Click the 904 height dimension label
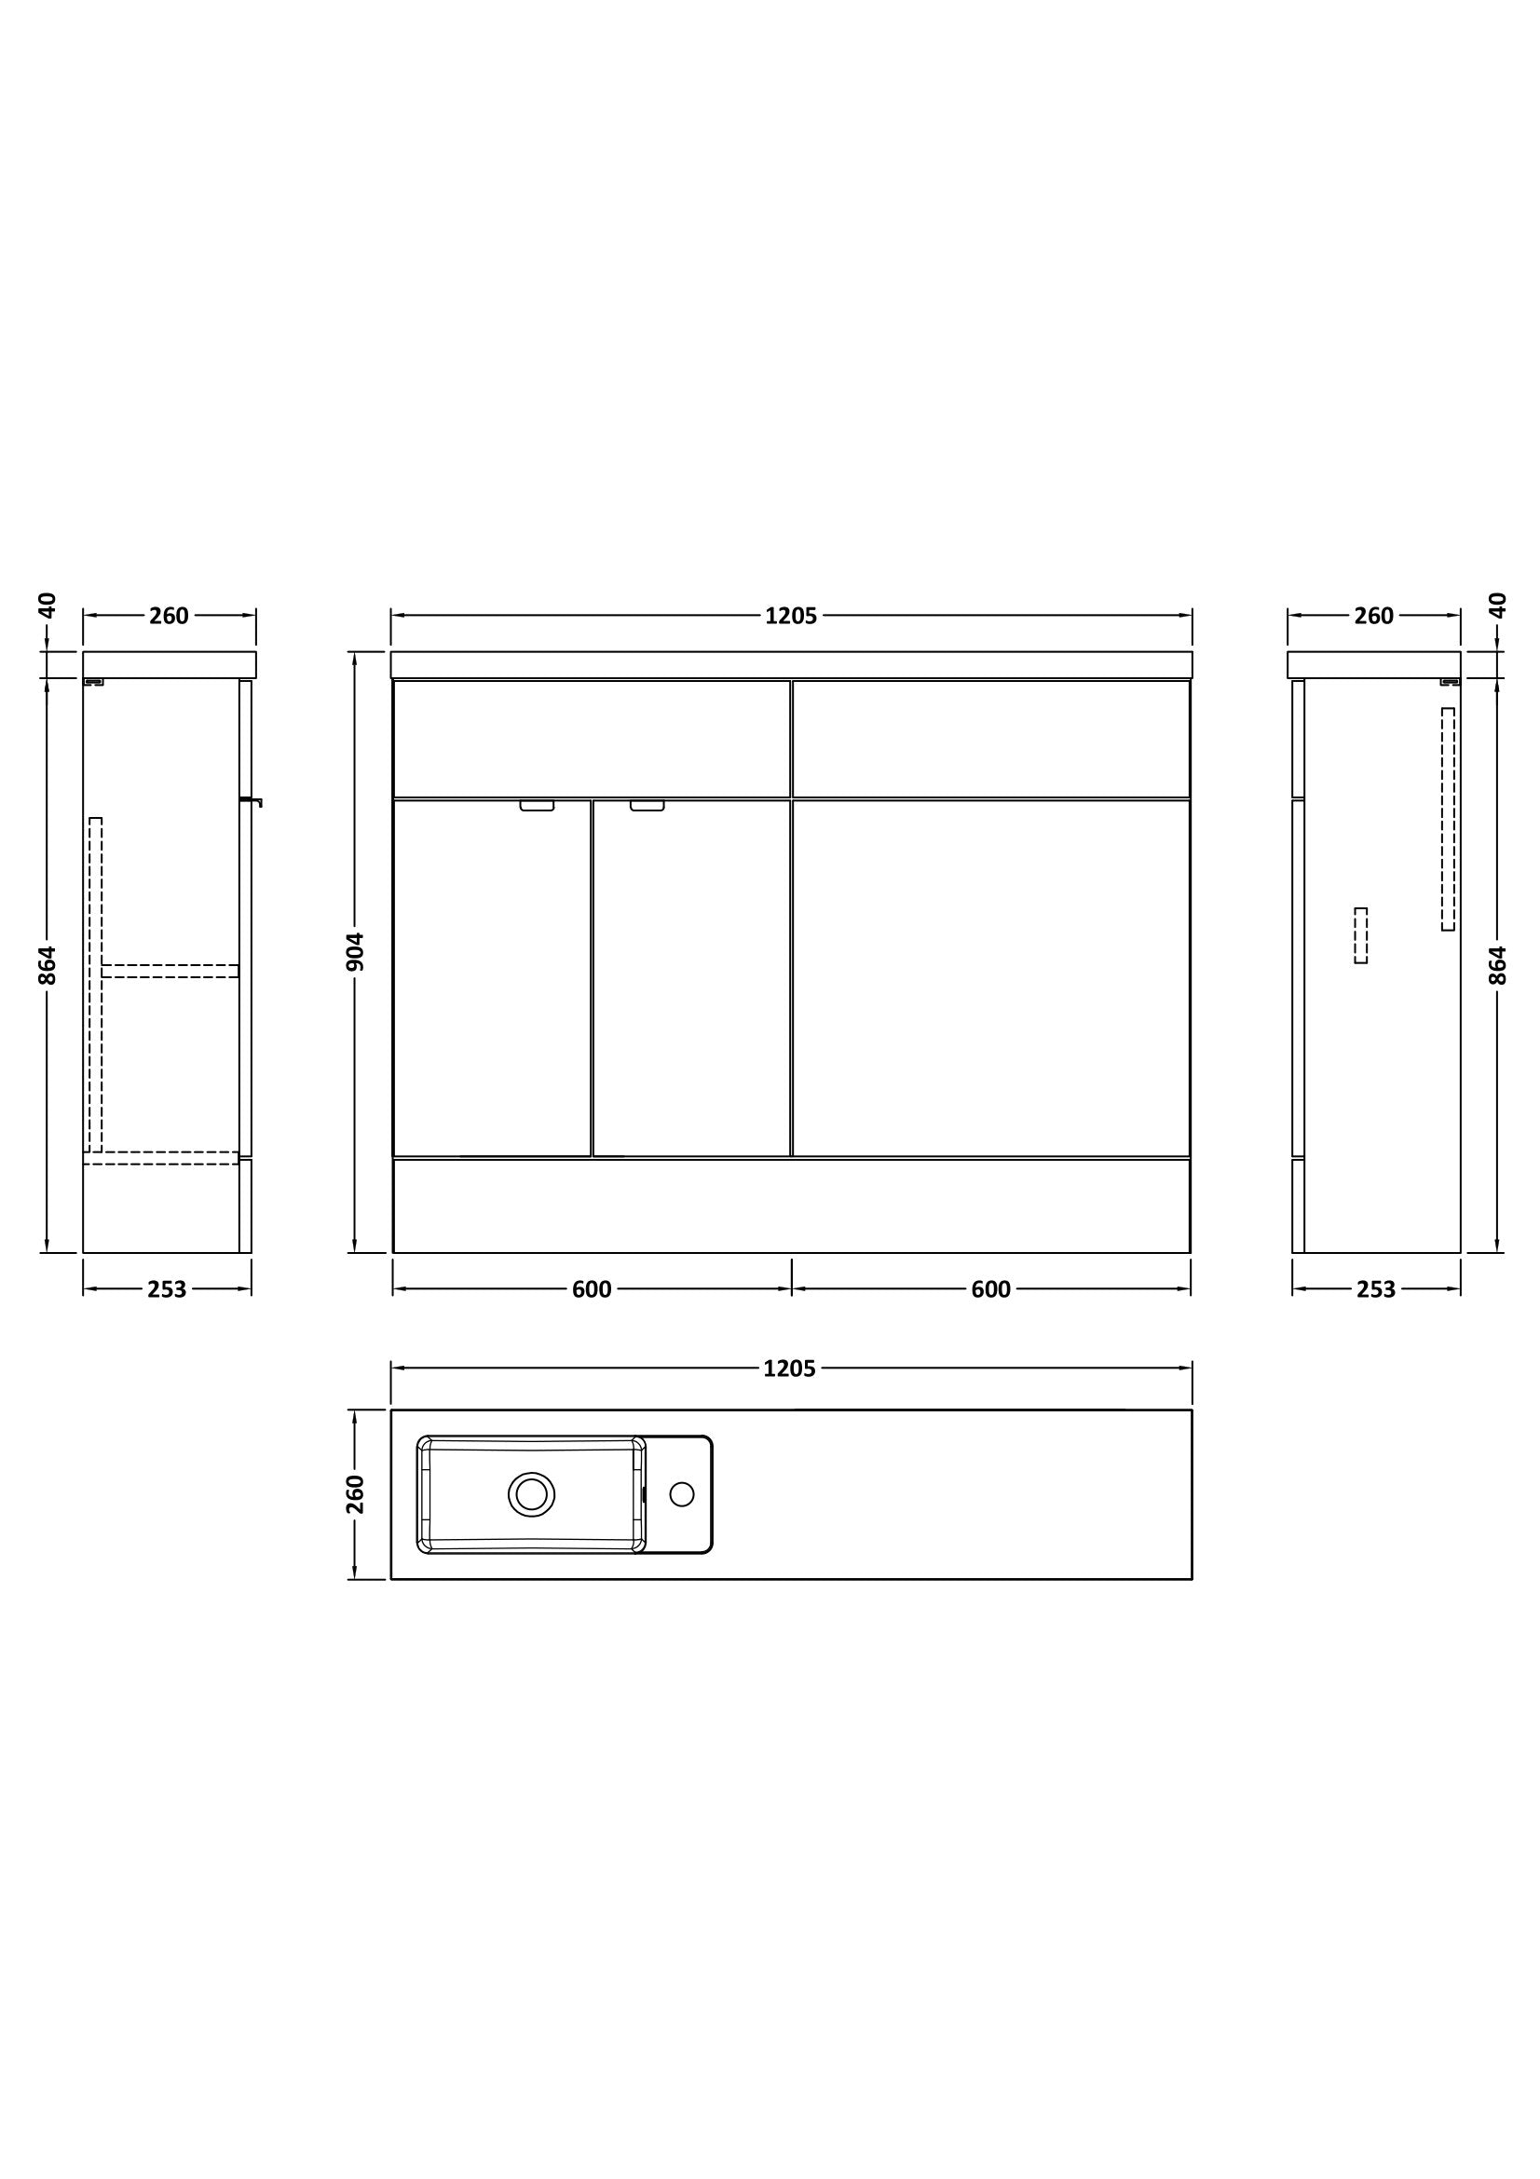coord(355,952)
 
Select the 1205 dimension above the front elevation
coord(790,616)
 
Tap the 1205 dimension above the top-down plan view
coord(789,1369)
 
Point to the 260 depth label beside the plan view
coord(355,1493)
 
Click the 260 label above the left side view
coord(169,616)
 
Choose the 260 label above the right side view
coord(1374,616)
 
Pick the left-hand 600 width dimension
coord(593,1289)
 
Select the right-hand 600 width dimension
coord(990,1289)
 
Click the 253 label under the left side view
coord(167,1289)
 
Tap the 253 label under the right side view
coord(1376,1289)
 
